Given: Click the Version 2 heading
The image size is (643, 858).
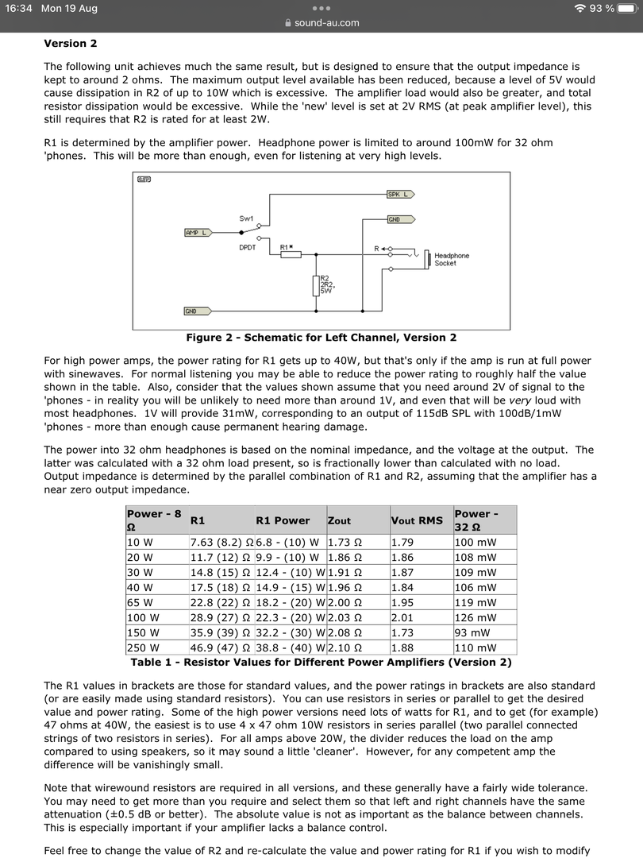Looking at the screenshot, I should pos(71,43).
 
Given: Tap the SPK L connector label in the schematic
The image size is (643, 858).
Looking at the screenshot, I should pos(400,194).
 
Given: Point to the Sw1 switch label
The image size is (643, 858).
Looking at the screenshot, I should pos(246,218).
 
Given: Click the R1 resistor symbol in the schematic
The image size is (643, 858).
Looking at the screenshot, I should pos(291,254).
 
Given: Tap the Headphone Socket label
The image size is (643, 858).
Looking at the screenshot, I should pos(452,260).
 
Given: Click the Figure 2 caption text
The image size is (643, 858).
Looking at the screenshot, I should pos(321,338).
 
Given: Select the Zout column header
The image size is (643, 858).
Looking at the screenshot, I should pos(340,520).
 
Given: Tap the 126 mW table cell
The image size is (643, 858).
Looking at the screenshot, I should pos(475,617).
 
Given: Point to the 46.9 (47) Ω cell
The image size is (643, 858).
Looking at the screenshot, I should pos(221,647).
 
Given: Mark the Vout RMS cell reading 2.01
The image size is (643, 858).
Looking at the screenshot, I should pos(402,617).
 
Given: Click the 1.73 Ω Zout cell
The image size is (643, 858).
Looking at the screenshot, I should pos(345,542).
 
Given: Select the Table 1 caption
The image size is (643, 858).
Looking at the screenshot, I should pos(321,662).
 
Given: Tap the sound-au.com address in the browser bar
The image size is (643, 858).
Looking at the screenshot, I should pos(326,23).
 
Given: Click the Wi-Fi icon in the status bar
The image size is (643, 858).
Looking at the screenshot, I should pos(580,8).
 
